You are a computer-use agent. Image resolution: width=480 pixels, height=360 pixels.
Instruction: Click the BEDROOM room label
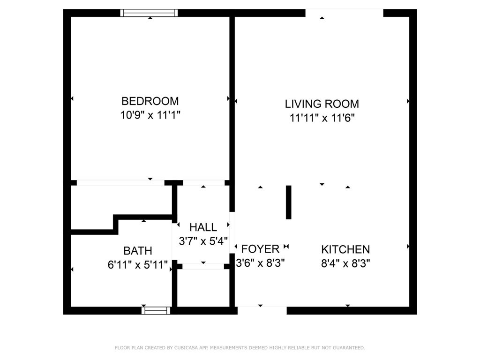(150, 101)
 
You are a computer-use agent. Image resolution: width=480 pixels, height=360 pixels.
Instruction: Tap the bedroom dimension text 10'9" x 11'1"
(150, 115)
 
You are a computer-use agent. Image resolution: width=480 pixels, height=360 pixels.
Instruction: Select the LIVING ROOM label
(322, 104)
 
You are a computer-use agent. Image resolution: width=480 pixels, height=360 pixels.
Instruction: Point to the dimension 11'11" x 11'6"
(322, 118)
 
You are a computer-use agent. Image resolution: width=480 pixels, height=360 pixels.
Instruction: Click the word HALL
(203, 227)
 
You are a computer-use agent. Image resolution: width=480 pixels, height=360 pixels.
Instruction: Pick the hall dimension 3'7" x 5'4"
(203, 241)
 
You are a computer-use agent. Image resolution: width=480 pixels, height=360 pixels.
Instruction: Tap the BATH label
(138, 251)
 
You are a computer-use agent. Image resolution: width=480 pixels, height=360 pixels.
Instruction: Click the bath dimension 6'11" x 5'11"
(138, 264)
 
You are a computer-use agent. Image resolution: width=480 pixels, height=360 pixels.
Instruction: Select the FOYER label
(260, 249)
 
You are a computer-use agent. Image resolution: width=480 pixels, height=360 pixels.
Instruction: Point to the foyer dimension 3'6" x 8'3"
(260, 263)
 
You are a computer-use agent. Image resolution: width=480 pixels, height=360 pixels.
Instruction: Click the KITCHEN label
(345, 249)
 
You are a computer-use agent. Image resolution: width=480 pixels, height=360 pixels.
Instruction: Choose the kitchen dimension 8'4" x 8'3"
(345, 263)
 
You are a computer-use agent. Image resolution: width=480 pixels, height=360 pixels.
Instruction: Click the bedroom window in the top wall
(149, 13)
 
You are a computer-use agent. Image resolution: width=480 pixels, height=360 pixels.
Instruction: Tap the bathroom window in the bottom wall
(156, 310)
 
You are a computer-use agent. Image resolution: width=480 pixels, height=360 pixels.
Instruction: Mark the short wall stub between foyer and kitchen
(288, 202)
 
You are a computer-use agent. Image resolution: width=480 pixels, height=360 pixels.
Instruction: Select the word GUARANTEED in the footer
(349, 348)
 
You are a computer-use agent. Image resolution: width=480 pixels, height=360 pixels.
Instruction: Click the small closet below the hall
(203, 288)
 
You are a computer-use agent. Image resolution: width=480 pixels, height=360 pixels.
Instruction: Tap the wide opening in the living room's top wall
(345, 13)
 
